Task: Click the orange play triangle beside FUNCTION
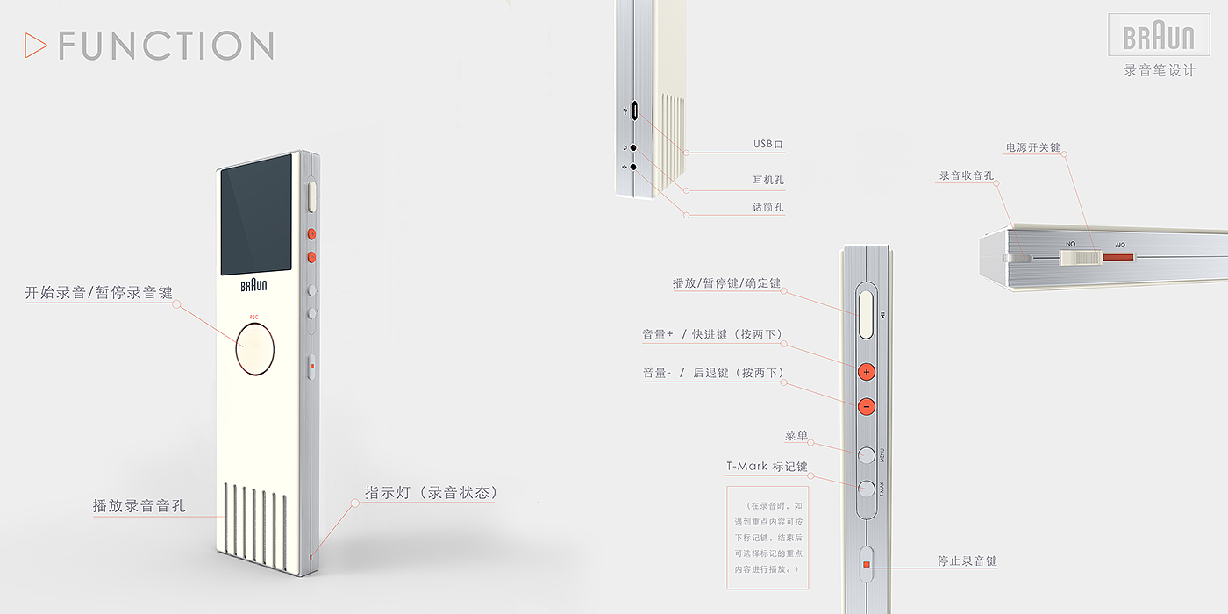(35, 45)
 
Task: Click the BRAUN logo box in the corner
(1158, 37)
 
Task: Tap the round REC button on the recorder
(254, 349)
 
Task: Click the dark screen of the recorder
(255, 215)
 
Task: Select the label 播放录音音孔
(139, 506)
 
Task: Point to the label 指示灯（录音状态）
(431, 493)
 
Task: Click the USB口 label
(767, 145)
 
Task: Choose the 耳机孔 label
(767, 181)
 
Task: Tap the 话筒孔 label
(767, 208)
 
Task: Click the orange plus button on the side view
(867, 372)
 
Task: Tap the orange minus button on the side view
(867, 406)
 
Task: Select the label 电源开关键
(1032, 147)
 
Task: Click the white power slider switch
(1080, 257)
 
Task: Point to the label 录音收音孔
(966, 176)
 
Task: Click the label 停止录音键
(967, 561)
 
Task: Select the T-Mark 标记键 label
(767, 467)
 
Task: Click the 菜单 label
(796, 436)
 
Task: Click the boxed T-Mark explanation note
(767, 537)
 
